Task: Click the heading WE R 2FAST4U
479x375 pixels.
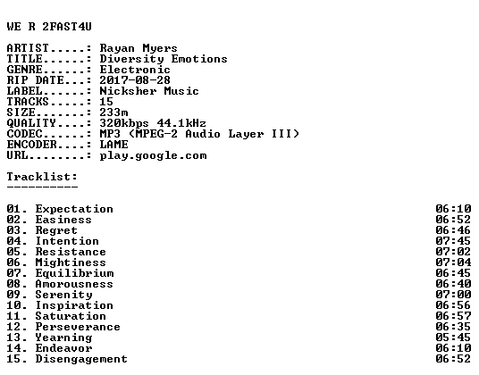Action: click(x=49, y=27)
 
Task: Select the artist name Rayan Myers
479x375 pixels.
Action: click(x=139, y=48)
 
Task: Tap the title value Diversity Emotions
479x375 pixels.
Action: click(x=164, y=59)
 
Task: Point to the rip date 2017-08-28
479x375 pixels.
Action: click(x=135, y=80)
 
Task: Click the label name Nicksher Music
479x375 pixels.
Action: click(x=149, y=91)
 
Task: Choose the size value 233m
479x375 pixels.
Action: click(x=113, y=112)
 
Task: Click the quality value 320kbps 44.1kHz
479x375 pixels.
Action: click(x=153, y=123)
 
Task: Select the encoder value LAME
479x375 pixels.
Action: click(x=113, y=145)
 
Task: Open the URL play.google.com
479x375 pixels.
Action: click(x=153, y=155)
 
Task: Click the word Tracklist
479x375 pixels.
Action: click(x=40, y=177)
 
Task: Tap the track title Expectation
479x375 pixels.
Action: click(x=74, y=209)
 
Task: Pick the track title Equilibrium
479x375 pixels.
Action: click(x=74, y=273)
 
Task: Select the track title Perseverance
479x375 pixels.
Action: click(x=78, y=327)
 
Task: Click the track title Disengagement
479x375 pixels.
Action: click(x=81, y=359)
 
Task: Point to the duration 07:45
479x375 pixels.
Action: click(x=453, y=241)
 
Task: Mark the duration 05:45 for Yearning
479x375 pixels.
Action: click(x=453, y=337)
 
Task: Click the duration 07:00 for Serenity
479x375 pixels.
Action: click(x=453, y=295)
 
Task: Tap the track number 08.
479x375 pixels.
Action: click(x=13, y=284)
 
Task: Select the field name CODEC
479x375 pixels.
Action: click(x=24, y=134)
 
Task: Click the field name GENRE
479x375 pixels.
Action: click(x=24, y=70)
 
